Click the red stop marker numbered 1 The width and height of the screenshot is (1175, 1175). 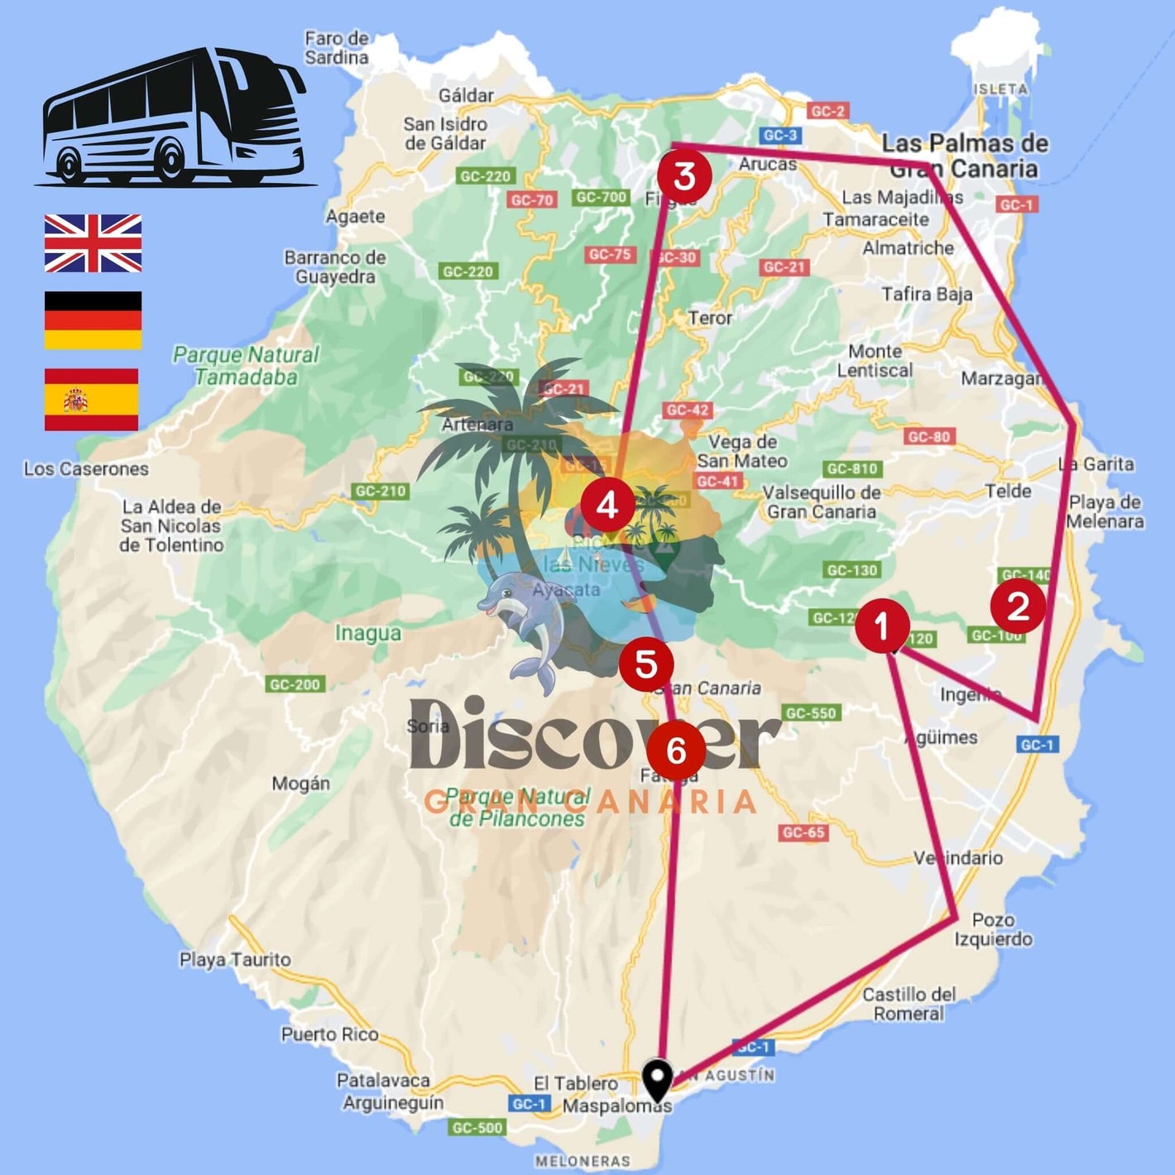[x=882, y=625]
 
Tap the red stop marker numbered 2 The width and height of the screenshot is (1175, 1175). [x=1018, y=606]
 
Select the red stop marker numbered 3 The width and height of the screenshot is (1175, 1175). [x=684, y=175]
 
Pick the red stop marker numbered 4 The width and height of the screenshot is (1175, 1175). [x=607, y=504]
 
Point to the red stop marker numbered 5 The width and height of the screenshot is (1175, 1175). [x=646, y=664]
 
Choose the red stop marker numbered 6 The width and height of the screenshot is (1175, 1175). [x=676, y=751]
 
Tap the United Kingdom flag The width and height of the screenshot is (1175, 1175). [x=93, y=243]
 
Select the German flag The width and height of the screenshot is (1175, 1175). [x=93, y=320]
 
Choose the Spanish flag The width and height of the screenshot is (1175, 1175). [x=92, y=400]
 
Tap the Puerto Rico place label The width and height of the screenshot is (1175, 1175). [x=329, y=1034]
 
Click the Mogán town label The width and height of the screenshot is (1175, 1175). [x=301, y=783]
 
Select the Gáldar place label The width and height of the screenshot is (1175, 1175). [x=466, y=95]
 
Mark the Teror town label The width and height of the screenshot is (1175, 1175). [x=710, y=318]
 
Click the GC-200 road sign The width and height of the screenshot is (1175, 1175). [x=295, y=684]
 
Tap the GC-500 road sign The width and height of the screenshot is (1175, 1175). [x=477, y=1127]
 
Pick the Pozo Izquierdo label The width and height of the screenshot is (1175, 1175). [x=993, y=929]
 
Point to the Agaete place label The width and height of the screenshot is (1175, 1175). [x=355, y=216]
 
